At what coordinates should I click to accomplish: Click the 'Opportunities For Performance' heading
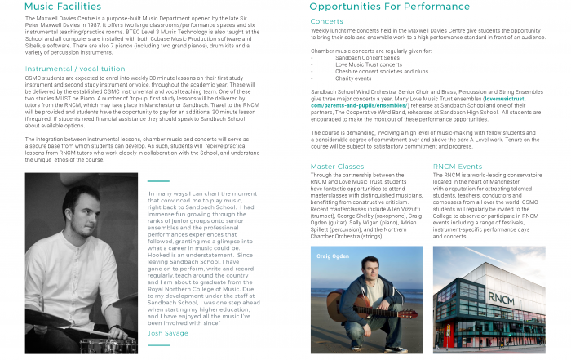click(390, 7)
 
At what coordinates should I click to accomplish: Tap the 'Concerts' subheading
click(326, 21)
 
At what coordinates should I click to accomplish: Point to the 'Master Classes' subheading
click(337, 166)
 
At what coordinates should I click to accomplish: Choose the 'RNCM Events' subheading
click(458, 166)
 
